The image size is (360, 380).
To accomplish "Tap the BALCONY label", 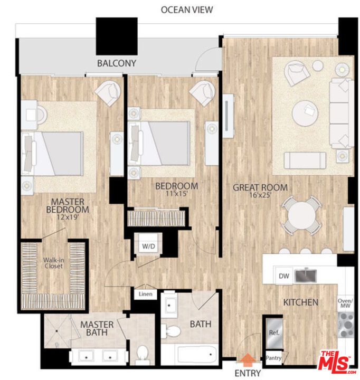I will click(117, 63).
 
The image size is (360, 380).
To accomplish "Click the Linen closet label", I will click(146, 294).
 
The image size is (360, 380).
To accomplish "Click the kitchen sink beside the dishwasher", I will click(305, 275).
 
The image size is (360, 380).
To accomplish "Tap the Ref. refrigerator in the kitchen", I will click(273, 333).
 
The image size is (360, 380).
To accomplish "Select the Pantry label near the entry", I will click(273, 358).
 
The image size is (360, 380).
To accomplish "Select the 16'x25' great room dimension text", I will click(260, 196).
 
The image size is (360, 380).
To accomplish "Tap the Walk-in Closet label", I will click(53, 263).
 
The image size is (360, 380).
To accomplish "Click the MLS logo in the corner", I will click(336, 360).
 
